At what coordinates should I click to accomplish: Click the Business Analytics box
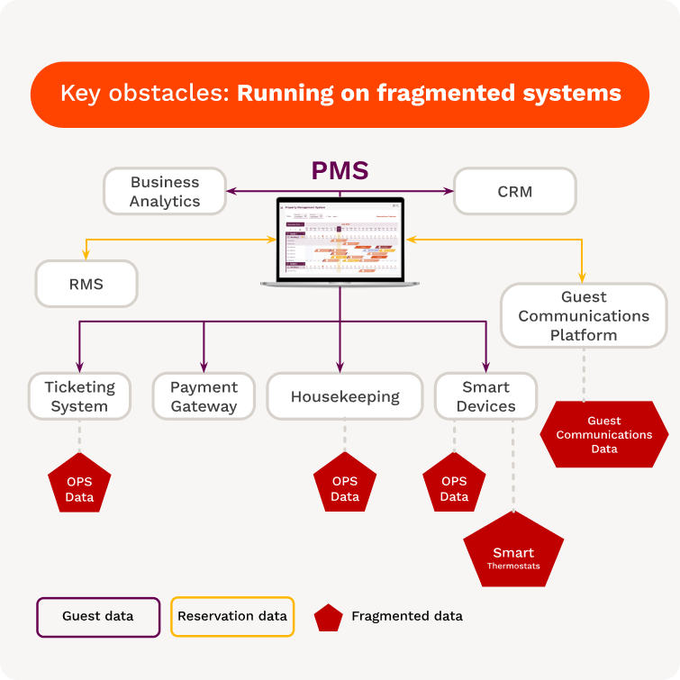(164, 191)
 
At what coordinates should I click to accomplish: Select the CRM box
(514, 191)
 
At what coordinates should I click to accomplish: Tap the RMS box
(86, 284)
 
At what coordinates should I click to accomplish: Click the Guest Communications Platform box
(584, 315)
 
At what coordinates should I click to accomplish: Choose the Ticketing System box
(80, 396)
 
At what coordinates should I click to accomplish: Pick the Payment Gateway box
(204, 396)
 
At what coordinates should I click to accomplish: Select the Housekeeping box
(344, 396)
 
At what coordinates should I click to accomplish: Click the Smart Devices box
(485, 396)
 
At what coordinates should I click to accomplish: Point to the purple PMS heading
(340, 170)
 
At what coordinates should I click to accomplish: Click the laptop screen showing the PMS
(340, 240)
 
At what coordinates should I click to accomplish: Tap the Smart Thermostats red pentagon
(512, 552)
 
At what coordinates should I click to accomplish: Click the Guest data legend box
(98, 617)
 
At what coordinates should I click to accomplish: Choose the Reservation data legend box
(232, 617)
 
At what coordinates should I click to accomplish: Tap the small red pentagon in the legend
(328, 618)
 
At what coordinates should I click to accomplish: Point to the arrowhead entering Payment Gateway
(204, 367)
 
